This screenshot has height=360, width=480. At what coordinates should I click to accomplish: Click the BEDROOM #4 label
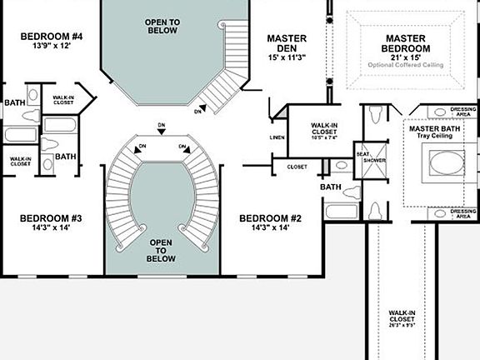(x=52, y=36)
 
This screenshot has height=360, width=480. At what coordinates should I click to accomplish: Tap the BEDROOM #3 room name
(x=51, y=218)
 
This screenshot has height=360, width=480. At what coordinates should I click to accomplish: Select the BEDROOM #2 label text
(x=270, y=218)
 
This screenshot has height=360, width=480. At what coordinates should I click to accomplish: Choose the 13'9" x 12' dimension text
(x=52, y=47)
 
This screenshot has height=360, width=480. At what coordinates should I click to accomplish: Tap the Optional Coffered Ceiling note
(x=406, y=64)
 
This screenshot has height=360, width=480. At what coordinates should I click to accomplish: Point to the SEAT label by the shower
(x=362, y=153)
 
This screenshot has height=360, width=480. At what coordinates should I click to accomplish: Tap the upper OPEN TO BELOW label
(x=162, y=26)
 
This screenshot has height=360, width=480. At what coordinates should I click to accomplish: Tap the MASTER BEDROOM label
(x=406, y=43)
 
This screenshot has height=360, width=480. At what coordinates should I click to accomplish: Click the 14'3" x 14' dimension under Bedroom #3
(x=51, y=228)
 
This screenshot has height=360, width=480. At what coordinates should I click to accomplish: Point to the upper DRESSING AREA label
(x=462, y=112)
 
